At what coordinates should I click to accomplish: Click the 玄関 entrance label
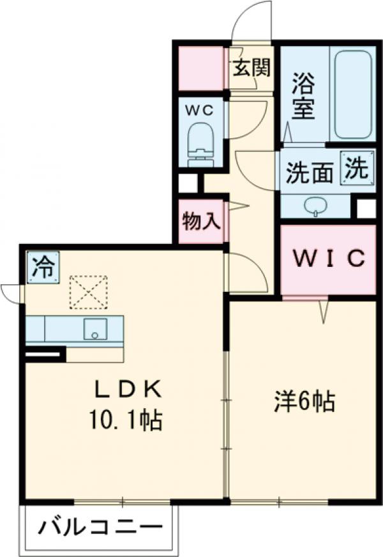click(x=252, y=68)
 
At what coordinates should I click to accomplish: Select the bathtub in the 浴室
click(x=353, y=95)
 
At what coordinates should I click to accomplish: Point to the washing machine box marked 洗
click(x=357, y=168)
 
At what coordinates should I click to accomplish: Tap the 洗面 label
click(x=310, y=173)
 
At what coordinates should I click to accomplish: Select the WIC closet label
click(x=329, y=258)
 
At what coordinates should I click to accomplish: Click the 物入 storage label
click(x=201, y=221)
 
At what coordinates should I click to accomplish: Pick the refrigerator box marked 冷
click(x=43, y=268)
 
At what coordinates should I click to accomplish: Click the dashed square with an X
click(x=88, y=292)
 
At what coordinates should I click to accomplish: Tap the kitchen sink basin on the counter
click(x=95, y=329)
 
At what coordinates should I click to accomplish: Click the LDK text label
click(x=128, y=390)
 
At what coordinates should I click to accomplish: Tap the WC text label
click(x=200, y=111)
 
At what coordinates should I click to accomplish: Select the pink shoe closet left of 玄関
click(x=201, y=68)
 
